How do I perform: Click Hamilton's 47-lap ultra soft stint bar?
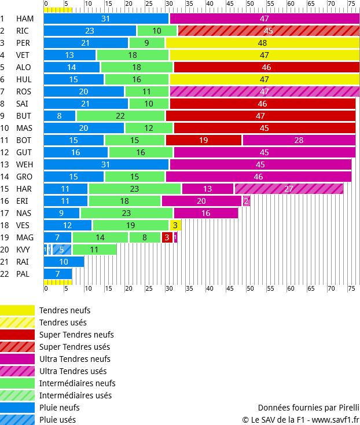coord(264,19)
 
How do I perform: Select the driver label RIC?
coord(23,31)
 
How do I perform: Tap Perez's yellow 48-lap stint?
coord(262,43)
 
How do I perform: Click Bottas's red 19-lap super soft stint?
coord(204,140)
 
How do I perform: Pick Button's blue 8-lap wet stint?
coord(59,116)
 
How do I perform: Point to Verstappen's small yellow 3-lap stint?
coord(175,225)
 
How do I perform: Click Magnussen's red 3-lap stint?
coord(167,237)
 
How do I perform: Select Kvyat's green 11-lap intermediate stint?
coord(94,250)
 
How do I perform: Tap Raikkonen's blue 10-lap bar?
coord(64,262)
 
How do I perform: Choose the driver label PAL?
coord(23,274)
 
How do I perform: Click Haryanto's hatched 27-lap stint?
coord(289,189)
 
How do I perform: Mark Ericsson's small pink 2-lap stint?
coord(247,201)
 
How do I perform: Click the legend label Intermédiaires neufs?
coord(77,383)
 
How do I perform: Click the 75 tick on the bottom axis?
coord(351,288)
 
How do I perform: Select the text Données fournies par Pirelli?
coord(308,407)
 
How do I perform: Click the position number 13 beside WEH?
coord(3,164)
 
